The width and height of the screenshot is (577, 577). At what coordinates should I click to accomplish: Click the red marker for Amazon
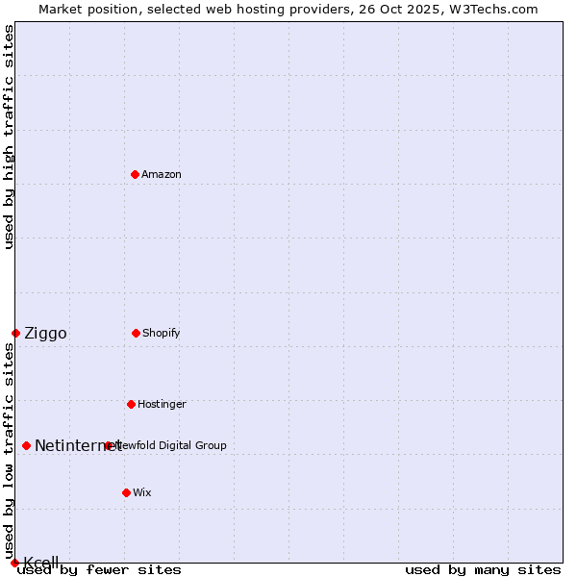pyautogui.click(x=135, y=174)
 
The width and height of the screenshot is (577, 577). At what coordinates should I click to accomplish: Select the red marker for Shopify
pyautogui.click(x=136, y=333)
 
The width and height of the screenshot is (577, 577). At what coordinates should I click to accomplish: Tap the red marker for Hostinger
pyautogui.click(x=131, y=404)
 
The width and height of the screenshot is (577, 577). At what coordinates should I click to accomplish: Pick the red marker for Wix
pyautogui.click(x=126, y=492)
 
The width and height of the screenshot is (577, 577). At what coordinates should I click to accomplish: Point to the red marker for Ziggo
pyautogui.click(x=15, y=333)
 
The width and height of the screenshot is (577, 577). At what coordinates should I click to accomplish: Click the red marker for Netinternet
pyautogui.click(x=26, y=445)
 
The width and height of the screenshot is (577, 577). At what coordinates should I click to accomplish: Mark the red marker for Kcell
pyautogui.click(x=14, y=563)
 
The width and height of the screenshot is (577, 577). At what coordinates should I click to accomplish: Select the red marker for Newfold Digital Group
pyautogui.click(x=108, y=445)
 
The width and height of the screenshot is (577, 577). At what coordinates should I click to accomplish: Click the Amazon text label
pyautogui.click(x=162, y=174)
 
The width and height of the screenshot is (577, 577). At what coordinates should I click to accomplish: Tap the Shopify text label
pyautogui.click(x=162, y=333)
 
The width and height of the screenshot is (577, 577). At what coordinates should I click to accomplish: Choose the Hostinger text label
pyautogui.click(x=162, y=404)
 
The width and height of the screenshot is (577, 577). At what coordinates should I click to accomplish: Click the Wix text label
pyautogui.click(x=142, y=492)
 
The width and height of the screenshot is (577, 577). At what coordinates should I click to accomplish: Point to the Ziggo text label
pyautogui.click(x=45, y=333)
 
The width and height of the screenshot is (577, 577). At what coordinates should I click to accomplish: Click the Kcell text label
pyautogui.click(x=41, y=563)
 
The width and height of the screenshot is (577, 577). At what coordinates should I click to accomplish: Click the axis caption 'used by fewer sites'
pyautogui.click(x=100, y=569)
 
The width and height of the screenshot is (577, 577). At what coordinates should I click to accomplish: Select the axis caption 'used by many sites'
pyautogui.click(x=483, y=569)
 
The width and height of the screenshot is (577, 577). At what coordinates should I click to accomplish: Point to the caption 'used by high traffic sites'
pyautogui.click(x=9, y=137)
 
